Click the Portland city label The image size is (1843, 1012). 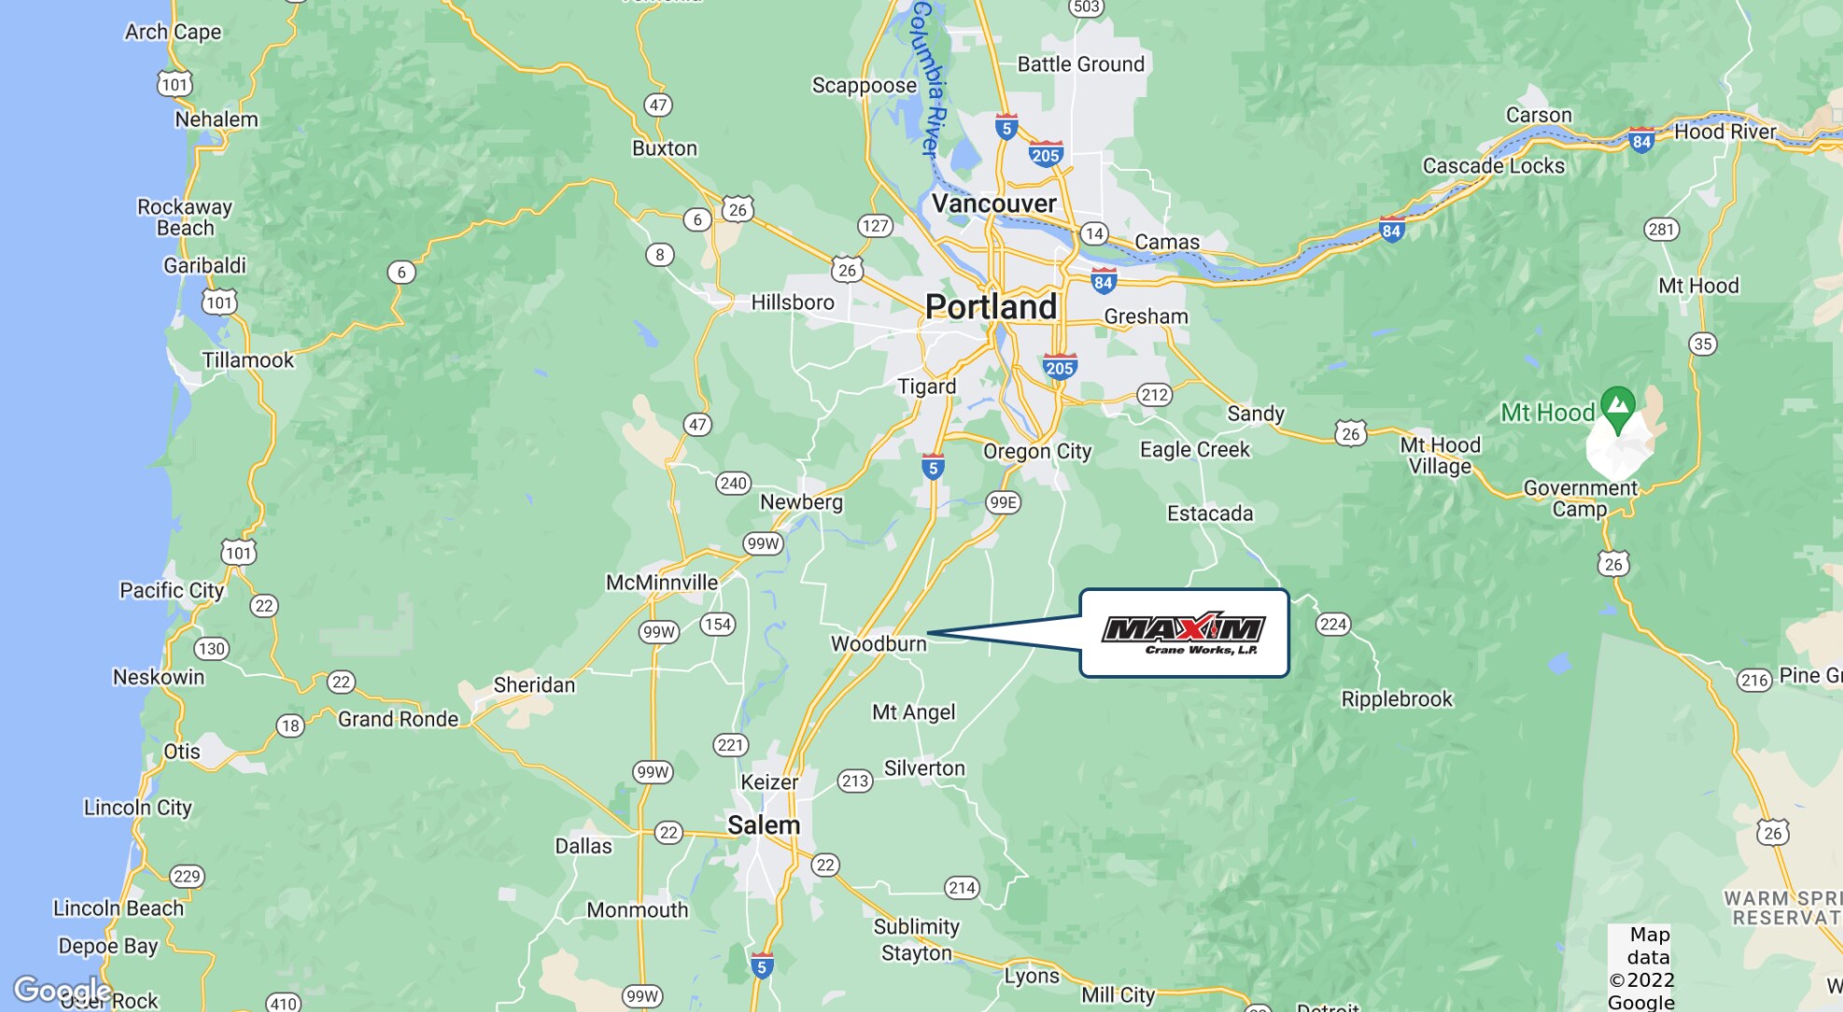click(x=991, y=307)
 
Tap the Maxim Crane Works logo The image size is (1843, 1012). click(x=1183, y=633)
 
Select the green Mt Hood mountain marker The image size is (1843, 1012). click(x=1617, y=408)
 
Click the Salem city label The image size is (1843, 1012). click(x=764, y=825)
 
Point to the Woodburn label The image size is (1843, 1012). click(x=879, y=644)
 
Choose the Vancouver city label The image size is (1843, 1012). click(x=993, y=204)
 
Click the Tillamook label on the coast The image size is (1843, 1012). click(x=247, y=360)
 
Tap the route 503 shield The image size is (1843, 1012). click(x=1086, y=7)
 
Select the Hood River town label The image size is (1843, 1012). click(x=1724, y=132)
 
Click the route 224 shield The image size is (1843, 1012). click(x=1332, y=625)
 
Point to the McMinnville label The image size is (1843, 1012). click(x=662, y=583)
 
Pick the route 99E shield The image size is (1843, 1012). click(x=1003, y=502)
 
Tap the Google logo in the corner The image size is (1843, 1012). click(x=62, y=989)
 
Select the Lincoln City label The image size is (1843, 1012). click(x=137, y=808)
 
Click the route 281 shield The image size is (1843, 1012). click(x=1661, y=230)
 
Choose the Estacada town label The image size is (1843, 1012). click(x=1210, y=513)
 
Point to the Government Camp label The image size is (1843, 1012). click(x=1580, y=499)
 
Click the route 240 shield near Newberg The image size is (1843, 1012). click(x=733, y=483)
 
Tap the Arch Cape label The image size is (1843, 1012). click(x=173, y=32)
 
